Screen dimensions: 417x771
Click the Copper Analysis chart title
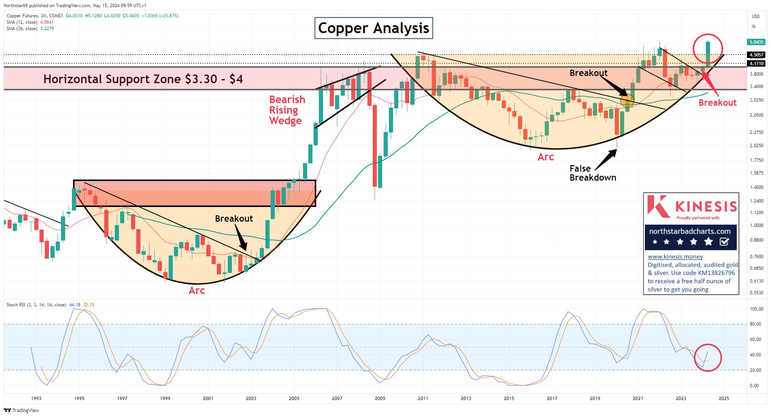point(373,28)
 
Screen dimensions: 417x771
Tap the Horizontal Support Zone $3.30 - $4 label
point(143,79)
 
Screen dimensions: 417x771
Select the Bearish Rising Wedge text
point(286,110)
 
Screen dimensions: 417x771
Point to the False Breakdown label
point(592,173)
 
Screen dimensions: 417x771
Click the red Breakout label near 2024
point(717,103)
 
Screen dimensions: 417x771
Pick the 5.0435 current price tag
point(756,42)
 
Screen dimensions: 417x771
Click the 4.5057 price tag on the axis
point(756,55)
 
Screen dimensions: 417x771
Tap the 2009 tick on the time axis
point(380,398)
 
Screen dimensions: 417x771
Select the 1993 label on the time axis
point(36,398)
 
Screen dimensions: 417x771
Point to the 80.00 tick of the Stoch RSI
point(754,324)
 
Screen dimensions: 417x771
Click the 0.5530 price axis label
point(756,292)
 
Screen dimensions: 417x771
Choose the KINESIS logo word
point(706,206)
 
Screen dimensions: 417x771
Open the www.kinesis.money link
point(675,257)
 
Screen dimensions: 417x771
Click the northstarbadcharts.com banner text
point(690,231)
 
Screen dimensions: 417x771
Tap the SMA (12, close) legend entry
point(22,22)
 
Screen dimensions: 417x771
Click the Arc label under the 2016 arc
point(545,157)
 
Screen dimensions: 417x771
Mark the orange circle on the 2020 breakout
point(627,100)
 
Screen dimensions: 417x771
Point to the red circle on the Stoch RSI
point(708,358)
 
